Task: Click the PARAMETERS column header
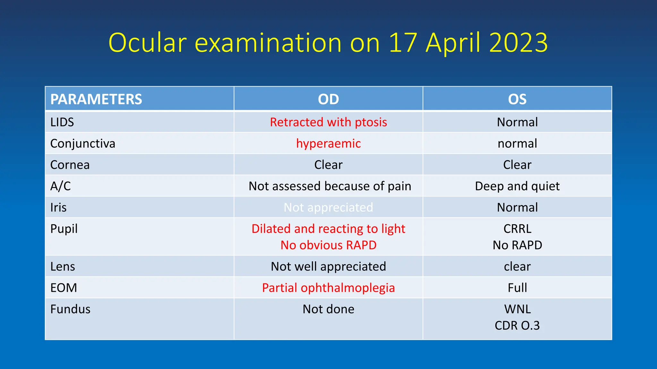tap(96, 99)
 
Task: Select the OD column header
tap(328, 99)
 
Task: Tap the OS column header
tap(517, 99)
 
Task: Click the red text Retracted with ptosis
tap(328, 122)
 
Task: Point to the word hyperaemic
tap(328, 143)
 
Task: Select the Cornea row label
tap(70, 165)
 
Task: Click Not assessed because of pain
tap(329, 186)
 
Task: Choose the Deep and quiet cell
tap(517, 186)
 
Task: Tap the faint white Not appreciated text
tap(328, 208)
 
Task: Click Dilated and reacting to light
tap(328, 229)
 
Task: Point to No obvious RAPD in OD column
tap(328, 245)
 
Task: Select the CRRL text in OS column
tap(517, 229)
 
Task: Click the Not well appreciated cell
tap(328, 266)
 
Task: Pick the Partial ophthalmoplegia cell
tap(328, 288)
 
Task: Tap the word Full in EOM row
tap(517, 288)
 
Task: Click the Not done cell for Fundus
tap(328, 309)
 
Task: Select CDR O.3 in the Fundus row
tap(517, 325)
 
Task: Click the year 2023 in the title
tap(518, 43)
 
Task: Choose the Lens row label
tap(63, 266)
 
